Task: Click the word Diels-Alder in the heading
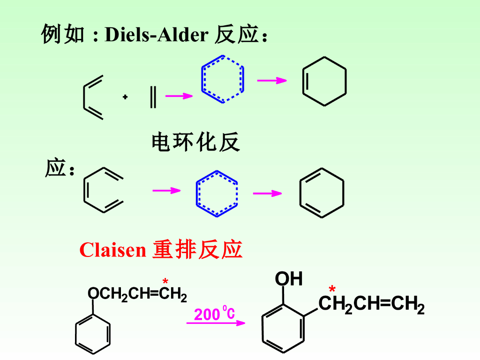click(156, 35)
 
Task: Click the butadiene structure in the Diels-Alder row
click(93, 98)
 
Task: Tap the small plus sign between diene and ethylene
click(125, 97)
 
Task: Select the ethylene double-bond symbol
click(153, 97)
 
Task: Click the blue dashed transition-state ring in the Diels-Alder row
click(223, 79)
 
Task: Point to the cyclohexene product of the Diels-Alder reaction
click(324, 81)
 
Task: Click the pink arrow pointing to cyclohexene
click(271, 81)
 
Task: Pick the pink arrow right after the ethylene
click(179, 96)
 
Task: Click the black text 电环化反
click(195, 142)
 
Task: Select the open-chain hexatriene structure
click(103, 191)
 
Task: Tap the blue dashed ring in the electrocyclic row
click(217, 193)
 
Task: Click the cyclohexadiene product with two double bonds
click(322, 193)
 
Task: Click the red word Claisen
click(113, 250)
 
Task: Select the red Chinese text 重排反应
click(197, 250)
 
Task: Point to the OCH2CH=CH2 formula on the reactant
click(137, 295)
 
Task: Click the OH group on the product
click(288, 279)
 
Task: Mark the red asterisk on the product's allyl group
click(332, 290)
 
